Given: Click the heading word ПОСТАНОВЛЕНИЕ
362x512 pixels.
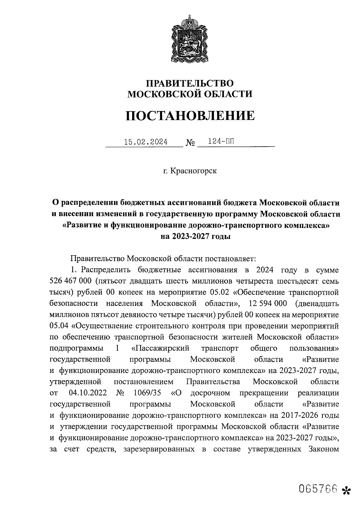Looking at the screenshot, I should tap(190, 116).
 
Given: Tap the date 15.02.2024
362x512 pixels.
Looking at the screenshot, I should tap(146, 142).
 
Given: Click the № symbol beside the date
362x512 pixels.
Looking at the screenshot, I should tap(190, 142).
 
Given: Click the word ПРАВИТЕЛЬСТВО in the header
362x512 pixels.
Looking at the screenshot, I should tap(190, 83).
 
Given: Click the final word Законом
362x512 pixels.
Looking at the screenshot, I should tap(323, 449).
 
